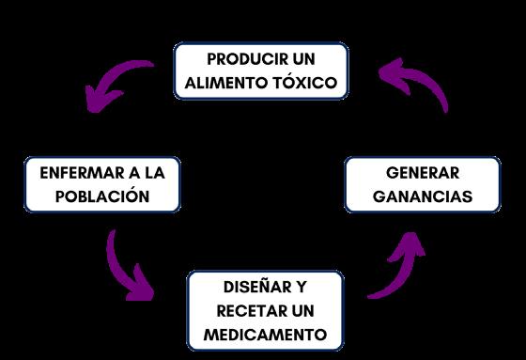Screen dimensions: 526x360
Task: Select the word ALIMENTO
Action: click(x=225, y=83)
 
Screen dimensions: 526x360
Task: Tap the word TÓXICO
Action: click(x=304, y=82)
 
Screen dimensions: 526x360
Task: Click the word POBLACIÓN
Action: click(x=102, y=196)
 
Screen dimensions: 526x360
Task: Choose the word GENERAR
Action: click(x=423, y=173)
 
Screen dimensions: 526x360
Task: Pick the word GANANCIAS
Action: click(x=423, y=196)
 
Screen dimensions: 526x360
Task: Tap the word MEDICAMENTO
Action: click(x=265, y=335)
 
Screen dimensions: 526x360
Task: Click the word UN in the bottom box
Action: click(x=302, y=311)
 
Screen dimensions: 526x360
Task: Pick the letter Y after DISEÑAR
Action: click(x=302, y=287)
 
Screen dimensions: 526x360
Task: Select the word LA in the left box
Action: click(x=155, y=173)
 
